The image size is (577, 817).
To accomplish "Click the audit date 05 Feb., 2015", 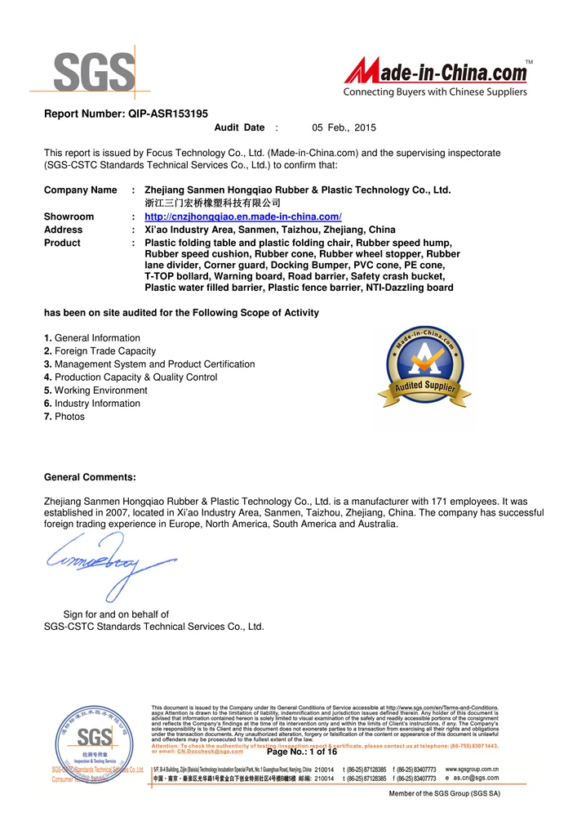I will click(344, 127).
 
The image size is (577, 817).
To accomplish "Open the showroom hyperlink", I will click(242, 217).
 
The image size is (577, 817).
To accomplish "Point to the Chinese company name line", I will click(212, 203).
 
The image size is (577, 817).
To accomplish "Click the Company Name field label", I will click(80, 190).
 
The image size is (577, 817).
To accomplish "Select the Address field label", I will click(63, 230).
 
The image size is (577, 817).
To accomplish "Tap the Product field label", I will click(62, 243).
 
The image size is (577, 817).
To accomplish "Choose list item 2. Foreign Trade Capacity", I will click(100, 351).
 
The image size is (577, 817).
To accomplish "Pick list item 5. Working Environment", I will click(95, 391).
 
